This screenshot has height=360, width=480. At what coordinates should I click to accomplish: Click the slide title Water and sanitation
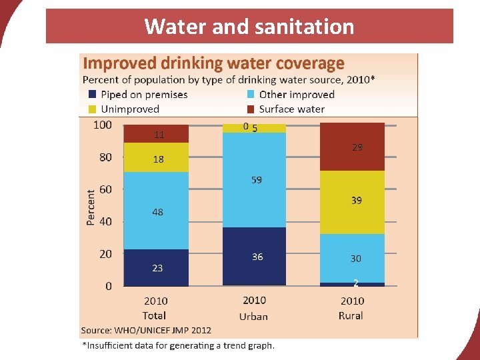pos(249,27)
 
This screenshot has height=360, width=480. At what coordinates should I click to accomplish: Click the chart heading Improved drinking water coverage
pos(213,64)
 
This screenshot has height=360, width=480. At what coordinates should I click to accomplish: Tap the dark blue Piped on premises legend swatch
pos(92,95)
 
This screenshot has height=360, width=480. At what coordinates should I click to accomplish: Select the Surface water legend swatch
pos(251,109)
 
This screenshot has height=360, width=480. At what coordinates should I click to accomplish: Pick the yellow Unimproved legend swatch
pos(92,109)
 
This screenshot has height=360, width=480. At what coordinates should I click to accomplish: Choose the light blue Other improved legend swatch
pos(251,95)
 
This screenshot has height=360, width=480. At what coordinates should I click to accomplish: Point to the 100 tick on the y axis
pos(103,125)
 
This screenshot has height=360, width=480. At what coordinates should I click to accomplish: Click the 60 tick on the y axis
pos(105,189)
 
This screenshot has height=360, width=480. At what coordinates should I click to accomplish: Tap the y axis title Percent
pos(91,205)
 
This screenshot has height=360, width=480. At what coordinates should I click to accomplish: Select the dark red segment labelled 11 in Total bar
pos(157,133)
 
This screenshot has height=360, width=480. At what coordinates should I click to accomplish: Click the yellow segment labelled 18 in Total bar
pos(157,159)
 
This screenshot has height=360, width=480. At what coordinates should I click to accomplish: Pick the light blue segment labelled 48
pos(157,211)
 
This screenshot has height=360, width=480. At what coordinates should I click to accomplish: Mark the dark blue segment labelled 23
pos(157,267)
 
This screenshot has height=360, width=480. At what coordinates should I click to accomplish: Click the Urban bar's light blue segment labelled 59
pos(254,180)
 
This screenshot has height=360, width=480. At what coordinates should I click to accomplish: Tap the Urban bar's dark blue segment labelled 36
pos(254,257)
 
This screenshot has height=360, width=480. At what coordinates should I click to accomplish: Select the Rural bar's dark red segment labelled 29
pos(353,147)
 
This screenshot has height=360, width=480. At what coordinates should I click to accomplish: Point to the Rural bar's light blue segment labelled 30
pos(353,258)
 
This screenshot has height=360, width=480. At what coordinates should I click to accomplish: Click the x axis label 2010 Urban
pos(253,308)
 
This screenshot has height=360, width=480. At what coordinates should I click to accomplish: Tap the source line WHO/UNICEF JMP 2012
pos(146,330)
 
